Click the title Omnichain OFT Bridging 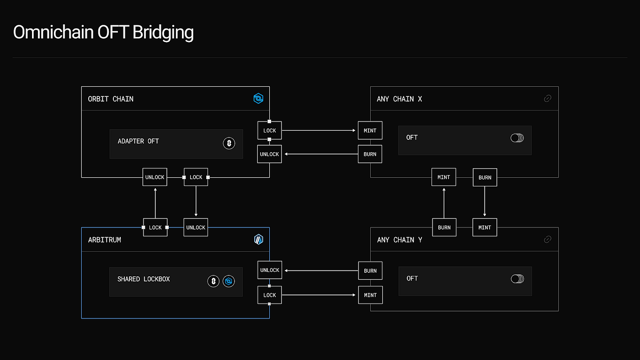tap(103, 33)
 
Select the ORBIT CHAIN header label tap(111, 99)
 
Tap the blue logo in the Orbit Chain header tap(258, 98)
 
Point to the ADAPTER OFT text tap(138, 141)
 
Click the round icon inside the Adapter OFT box tap(229, 143)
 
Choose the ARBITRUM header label tap(104, 240)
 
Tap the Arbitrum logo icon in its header tap(259, 239)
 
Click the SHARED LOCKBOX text tap(144, 279)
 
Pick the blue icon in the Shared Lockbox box tap(229, 281)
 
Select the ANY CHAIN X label tap(399, 99)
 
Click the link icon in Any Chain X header tap(547, 98)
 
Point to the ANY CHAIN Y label tap(399, 240)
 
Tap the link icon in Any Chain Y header tap(547, 239)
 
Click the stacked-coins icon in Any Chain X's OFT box tap(517, 138)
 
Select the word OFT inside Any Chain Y tap(412, 278)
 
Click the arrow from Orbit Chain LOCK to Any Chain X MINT tap(319, 131)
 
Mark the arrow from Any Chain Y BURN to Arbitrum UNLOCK tap(320, 270)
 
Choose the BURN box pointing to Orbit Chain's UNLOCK tap(370, 154)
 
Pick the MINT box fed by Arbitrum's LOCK tap(370, 295)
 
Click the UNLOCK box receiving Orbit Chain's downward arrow tap(196, 228)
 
